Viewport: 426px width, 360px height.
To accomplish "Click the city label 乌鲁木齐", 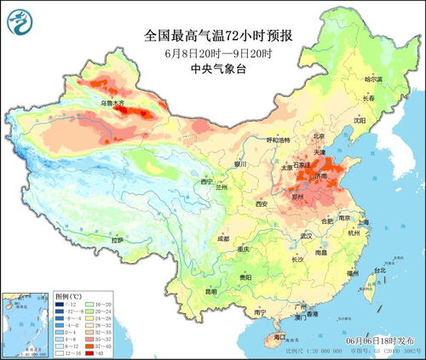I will (113, 104).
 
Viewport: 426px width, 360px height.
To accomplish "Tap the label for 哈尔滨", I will (374, 78).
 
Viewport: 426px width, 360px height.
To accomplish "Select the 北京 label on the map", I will (319, 134).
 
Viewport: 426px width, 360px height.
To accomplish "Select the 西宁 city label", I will (204, 182).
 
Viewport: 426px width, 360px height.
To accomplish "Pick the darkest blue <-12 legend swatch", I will (60, 305).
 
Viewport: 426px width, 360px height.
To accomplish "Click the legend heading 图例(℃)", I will (68, 294).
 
